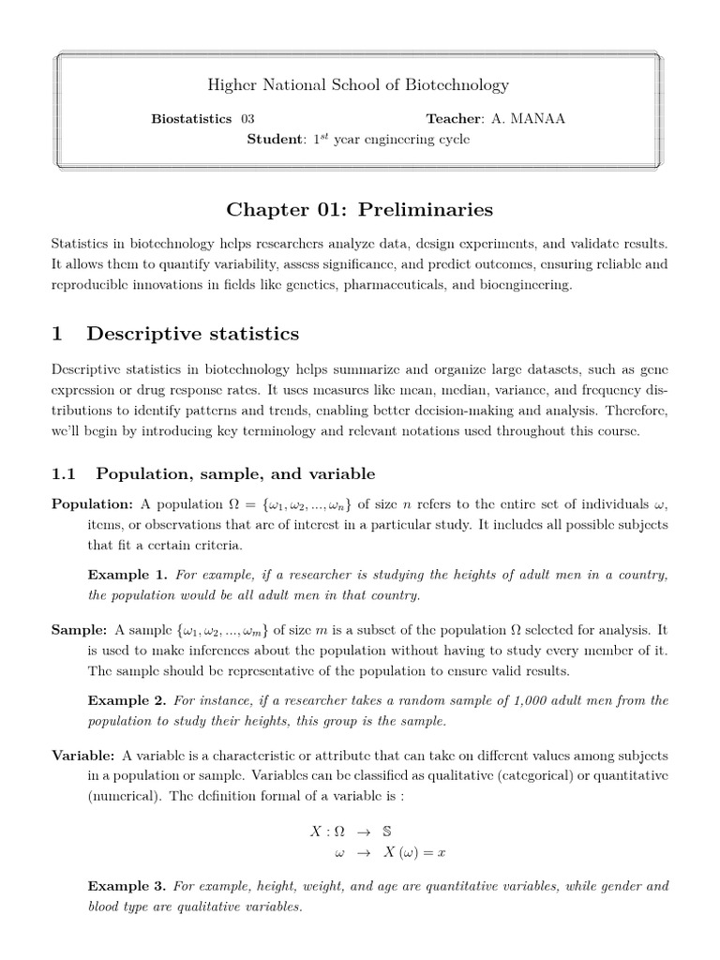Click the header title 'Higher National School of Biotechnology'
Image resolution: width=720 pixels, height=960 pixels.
(358, 85)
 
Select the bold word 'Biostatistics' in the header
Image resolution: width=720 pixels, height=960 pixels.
(191, 119)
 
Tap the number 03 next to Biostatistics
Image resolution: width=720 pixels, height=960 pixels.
(247, 119)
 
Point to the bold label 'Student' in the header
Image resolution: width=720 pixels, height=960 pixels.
(276, 140)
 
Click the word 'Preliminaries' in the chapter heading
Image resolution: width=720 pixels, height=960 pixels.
(430, 208)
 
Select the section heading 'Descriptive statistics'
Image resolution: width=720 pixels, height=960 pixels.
(192, 334)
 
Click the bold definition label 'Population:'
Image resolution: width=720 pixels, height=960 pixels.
(92, 505)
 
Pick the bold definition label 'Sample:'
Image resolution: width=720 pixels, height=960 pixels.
(80, 631)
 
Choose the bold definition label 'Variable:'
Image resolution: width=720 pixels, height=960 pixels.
(83, 756)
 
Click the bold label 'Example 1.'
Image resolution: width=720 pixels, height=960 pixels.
(127, 575)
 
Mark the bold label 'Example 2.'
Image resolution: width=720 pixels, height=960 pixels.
(127, 700)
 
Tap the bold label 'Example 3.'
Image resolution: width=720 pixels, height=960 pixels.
(127, 886)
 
